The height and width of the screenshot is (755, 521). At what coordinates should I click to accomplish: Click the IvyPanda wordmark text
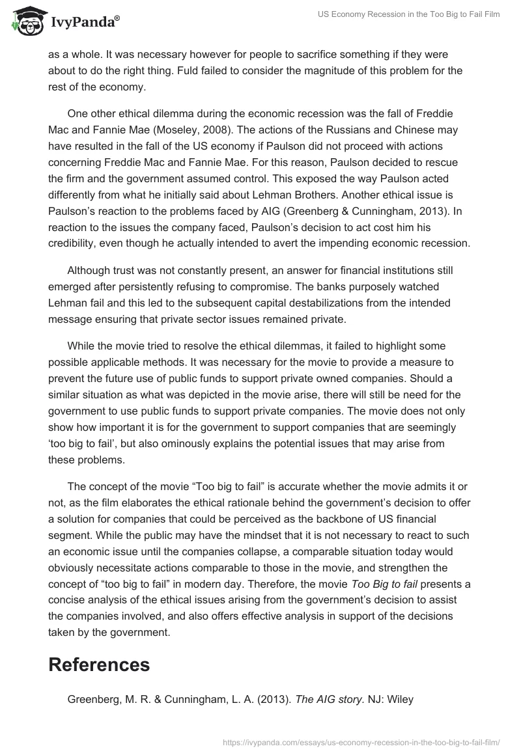click(x=85, y=23)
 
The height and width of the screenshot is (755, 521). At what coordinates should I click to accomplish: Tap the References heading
click(x=99, y=664)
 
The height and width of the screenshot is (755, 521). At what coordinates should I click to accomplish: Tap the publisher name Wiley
click(x=399, y=700)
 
